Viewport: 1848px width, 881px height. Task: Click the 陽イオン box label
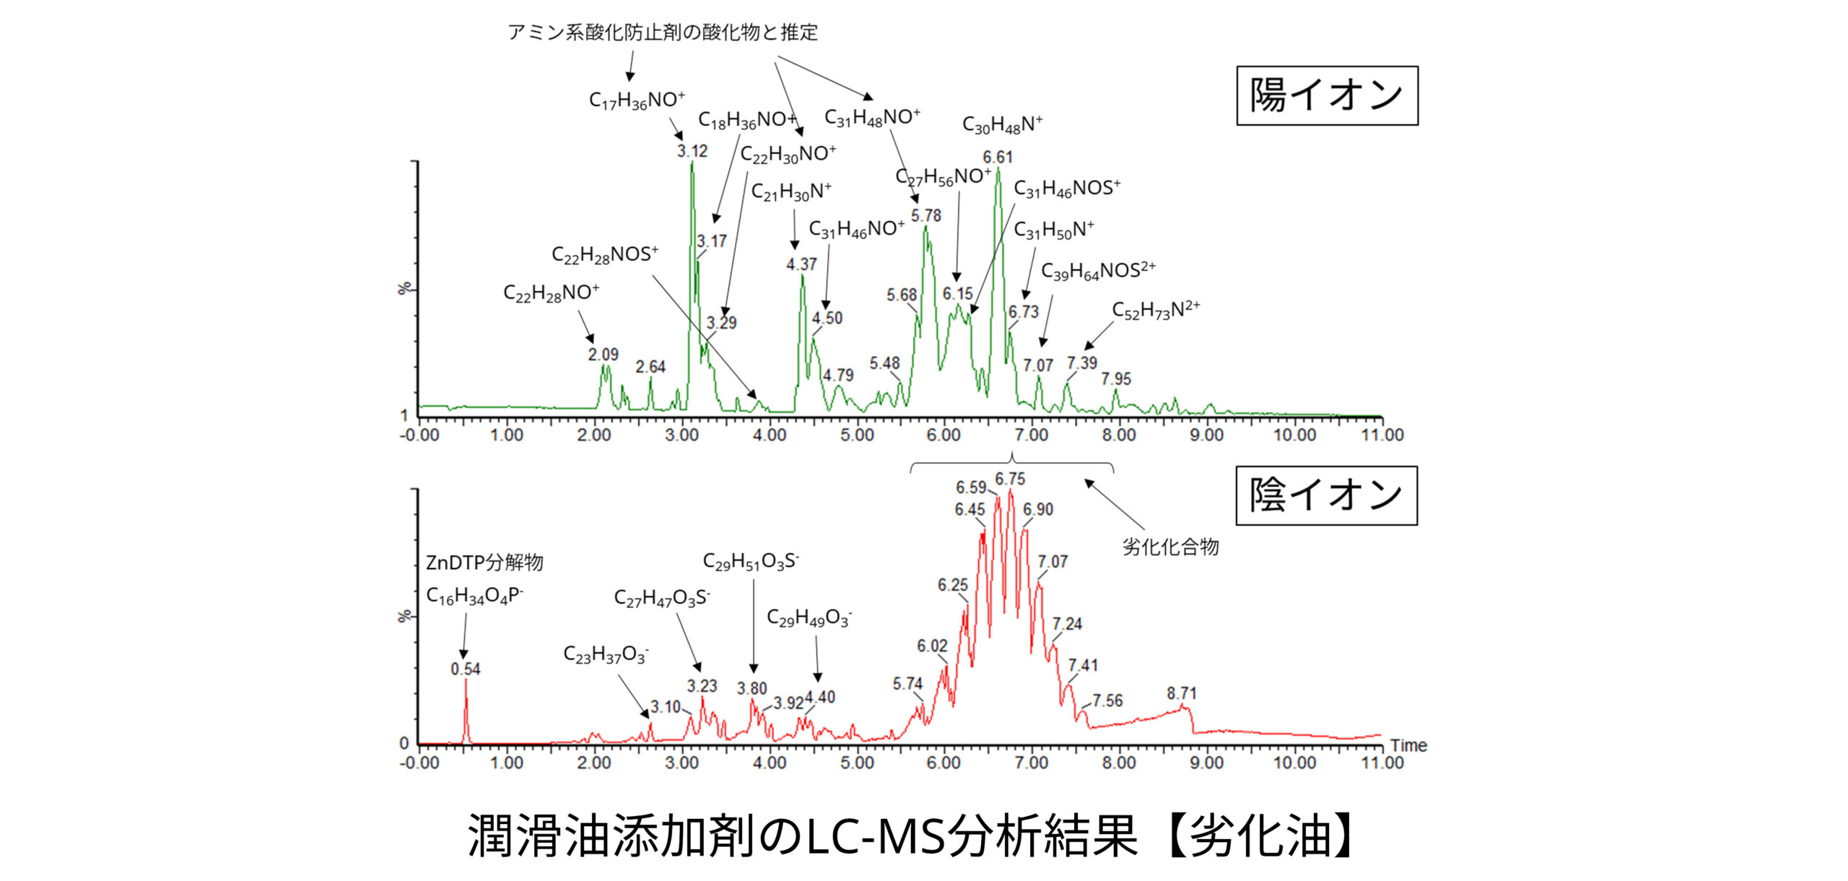(x=1327, y=96)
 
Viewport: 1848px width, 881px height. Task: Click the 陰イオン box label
(x=1326, y=495)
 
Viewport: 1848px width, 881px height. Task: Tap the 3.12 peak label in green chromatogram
(x=692, y=152)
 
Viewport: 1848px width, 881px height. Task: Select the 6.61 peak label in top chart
(x=998, y=157)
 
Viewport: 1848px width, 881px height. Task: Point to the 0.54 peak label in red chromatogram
(x=466, y=669)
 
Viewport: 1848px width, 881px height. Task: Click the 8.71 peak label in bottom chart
(x=1182, y=693)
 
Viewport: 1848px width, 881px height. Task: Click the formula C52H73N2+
(x=1155, y=311)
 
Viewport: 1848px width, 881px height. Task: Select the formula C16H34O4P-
(x=474, y=596)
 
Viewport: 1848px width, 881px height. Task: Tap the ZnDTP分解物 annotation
(x=484, y=563)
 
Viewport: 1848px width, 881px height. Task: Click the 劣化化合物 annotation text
(x=1170, y=547)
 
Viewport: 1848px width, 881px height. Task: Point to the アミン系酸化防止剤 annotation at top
(x=662, y=32)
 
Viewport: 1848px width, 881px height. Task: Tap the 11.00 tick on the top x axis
(x=1382, y=435)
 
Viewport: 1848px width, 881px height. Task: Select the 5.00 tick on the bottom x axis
(x=857, y=763)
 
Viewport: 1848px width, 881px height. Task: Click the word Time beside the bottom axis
(x=1408, y=746)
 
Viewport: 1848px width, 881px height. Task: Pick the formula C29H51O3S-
(x=751, y=562)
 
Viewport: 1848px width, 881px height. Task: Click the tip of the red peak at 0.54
(x=466, y=680)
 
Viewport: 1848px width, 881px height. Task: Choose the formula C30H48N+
(x=1002, y=125)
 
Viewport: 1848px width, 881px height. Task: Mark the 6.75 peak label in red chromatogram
(x=1010, y=479)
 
